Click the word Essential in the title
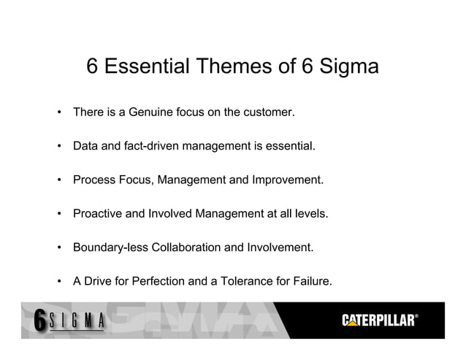point(146,67)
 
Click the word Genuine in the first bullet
point(150,113)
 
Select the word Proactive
point(99,214)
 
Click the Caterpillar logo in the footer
point(381,320)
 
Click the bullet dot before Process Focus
point(58,181)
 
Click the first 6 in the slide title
point(93,67)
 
